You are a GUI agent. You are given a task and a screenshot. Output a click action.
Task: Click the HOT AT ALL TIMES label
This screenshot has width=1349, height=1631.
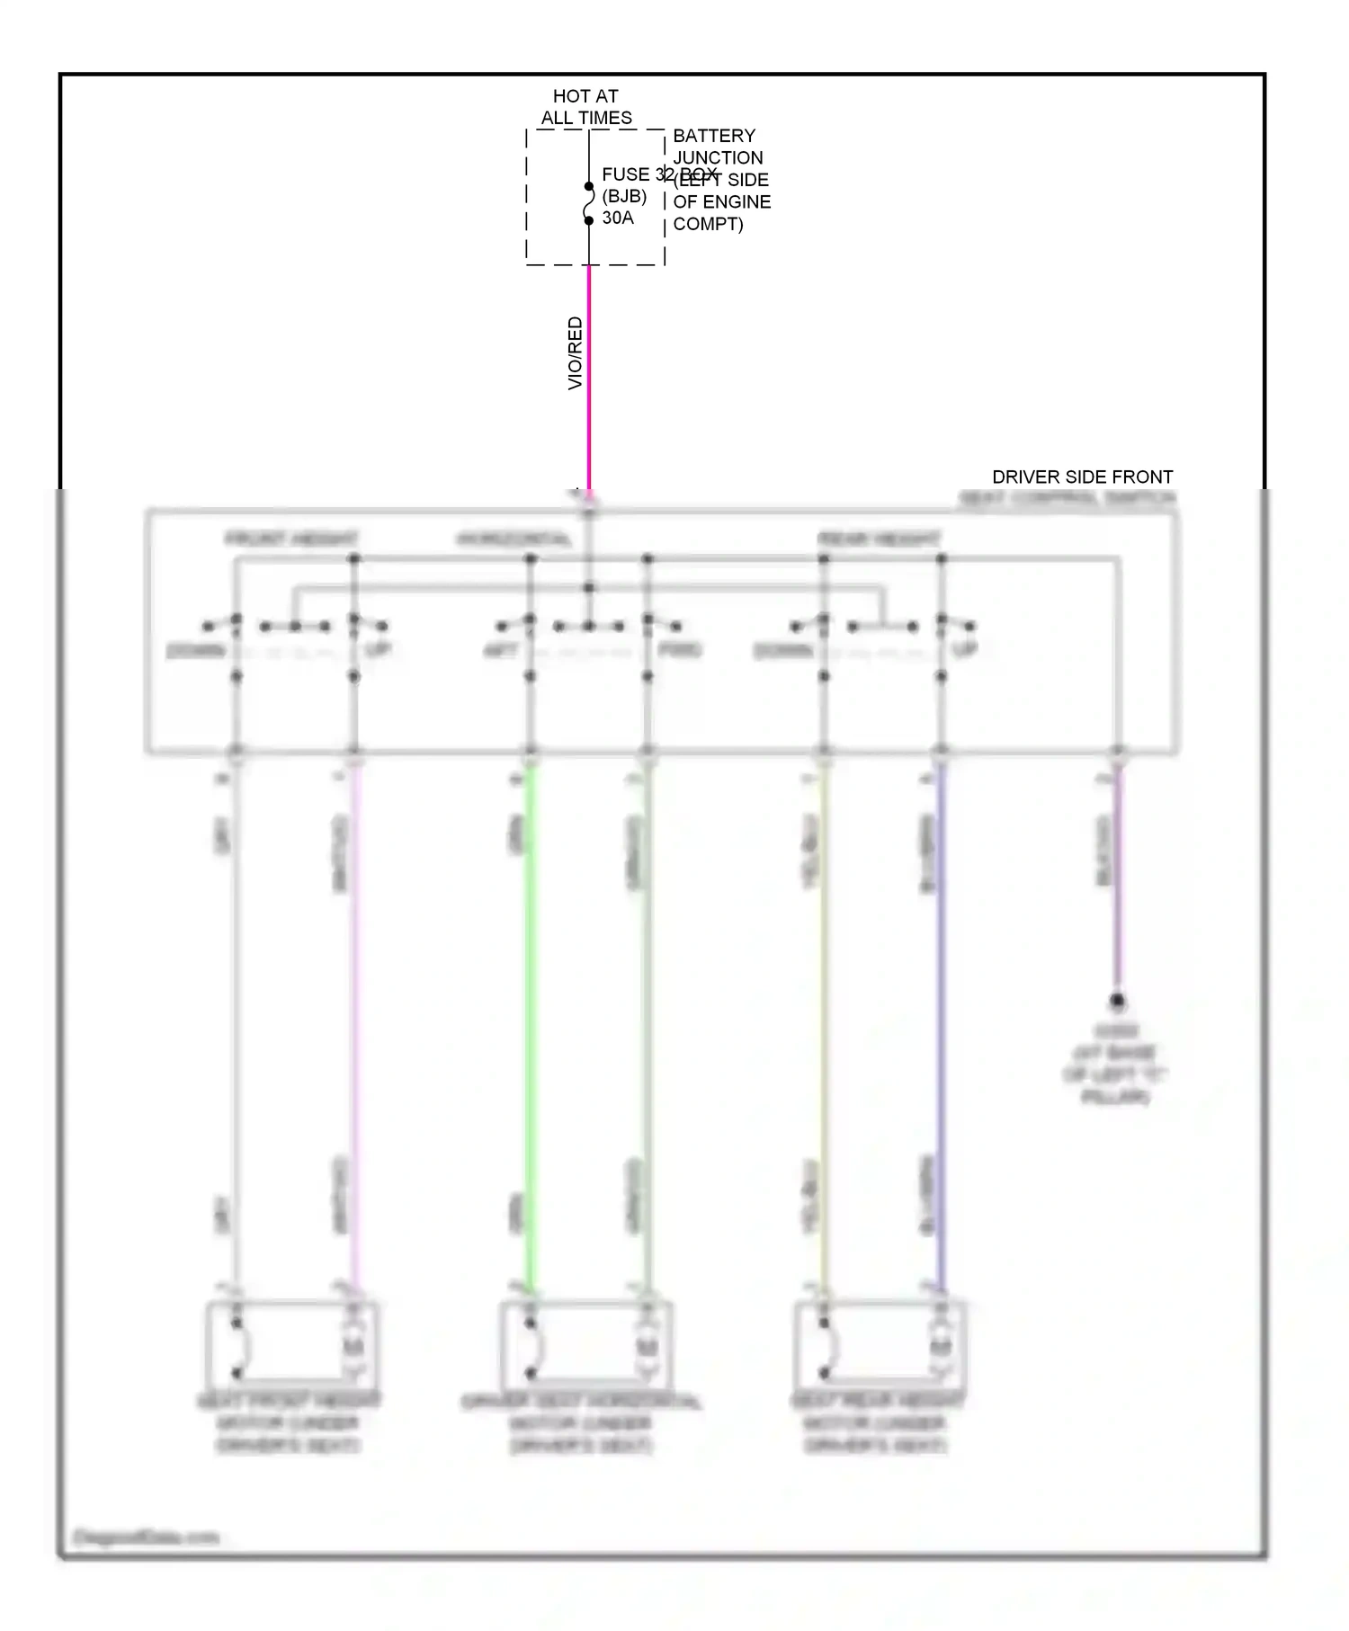[585, 107]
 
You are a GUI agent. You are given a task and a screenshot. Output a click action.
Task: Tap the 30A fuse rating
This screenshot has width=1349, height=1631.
[618, 218]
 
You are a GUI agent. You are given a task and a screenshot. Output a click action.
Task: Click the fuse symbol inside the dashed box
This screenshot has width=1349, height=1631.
[589, 204]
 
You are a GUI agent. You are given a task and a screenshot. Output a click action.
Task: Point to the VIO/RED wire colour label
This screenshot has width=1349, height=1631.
[576, 353]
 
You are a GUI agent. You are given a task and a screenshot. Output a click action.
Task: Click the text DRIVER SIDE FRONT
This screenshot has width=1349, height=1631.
[1082, 477]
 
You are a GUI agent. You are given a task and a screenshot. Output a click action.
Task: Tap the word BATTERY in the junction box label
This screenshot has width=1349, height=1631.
[714, 136]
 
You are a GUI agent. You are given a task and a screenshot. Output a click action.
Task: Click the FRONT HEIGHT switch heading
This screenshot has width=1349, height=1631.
[291, 539]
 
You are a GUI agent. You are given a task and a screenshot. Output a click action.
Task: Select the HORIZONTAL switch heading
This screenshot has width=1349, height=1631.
[514, 539]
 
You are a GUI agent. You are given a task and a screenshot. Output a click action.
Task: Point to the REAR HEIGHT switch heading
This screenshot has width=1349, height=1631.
[879, 539]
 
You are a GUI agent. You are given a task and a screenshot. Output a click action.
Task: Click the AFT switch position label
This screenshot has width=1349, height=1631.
[501, 649]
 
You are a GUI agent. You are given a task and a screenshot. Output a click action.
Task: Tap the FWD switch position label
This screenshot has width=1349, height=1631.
[680, 649]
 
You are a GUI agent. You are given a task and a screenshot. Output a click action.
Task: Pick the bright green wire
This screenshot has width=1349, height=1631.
[531, 1025]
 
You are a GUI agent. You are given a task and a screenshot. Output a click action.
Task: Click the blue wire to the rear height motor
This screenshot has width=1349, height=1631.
[941, 1025]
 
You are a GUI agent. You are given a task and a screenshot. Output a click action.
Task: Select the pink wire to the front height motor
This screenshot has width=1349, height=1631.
[354, 1025]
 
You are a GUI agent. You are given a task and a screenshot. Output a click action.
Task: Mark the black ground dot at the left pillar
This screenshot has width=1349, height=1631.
[1117, 1000]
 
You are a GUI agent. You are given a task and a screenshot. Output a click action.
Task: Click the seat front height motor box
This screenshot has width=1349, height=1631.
[291, 1345]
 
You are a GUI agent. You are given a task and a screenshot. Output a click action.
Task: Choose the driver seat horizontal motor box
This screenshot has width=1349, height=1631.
[585, 1345]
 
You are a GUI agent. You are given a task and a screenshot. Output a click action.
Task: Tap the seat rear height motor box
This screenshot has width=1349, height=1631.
[879, 1345]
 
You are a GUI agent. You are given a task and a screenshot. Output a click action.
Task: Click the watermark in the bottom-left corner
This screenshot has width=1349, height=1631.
[146, 1537]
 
